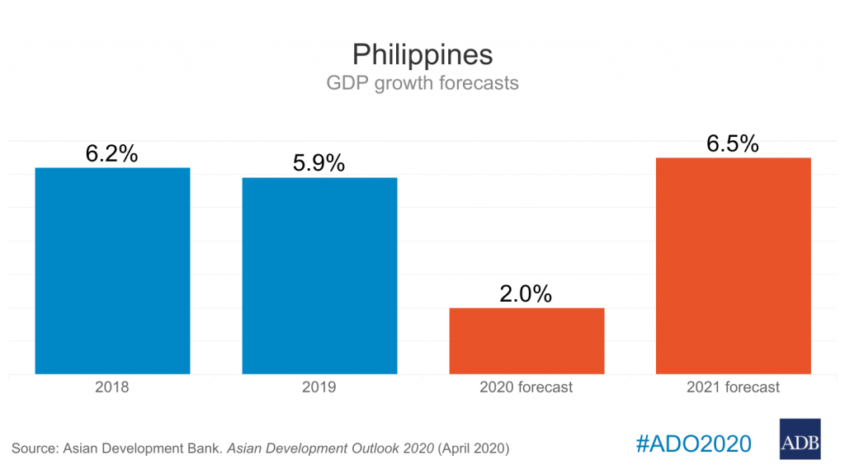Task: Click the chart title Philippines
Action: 422,54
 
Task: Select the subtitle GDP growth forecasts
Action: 422,83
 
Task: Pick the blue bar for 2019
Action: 319,275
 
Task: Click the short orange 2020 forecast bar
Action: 526,340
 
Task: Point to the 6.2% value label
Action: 112,153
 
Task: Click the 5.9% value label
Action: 319,163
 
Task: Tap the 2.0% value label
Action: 526,293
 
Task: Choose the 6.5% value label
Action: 733,143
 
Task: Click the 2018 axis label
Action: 112,387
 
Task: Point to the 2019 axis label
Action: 319,387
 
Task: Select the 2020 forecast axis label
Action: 526,387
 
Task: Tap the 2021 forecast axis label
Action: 733,387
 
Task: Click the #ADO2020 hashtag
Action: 694,443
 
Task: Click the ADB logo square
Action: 800,439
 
